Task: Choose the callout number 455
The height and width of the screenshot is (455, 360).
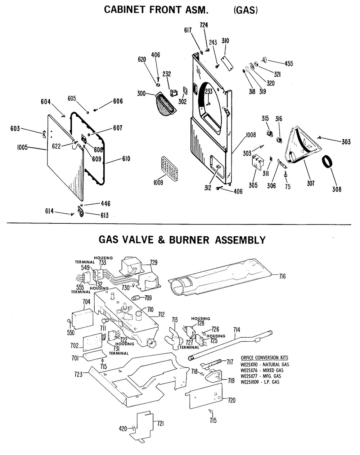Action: coord(289,64)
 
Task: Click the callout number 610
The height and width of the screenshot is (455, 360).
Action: coord(126,159)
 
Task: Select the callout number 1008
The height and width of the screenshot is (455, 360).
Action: coord(251,135)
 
